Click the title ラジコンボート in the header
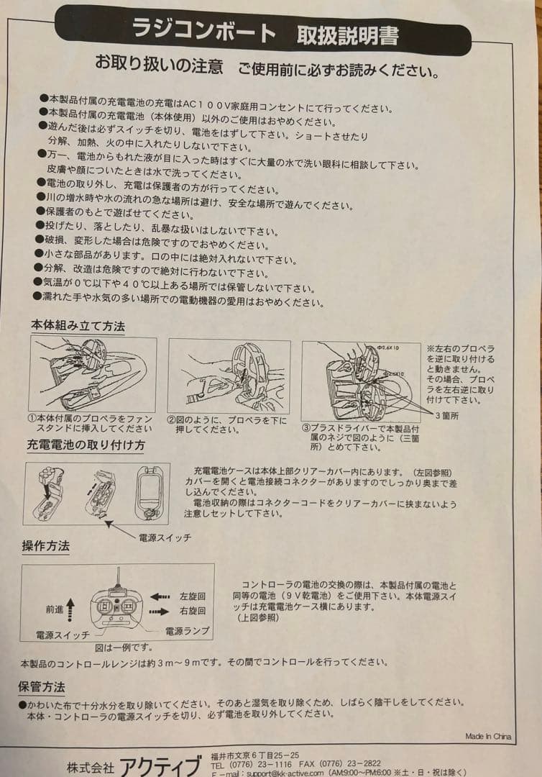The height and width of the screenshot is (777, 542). point(203,32)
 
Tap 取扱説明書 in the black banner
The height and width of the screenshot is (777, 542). point(348,35)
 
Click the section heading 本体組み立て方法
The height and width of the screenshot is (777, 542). point(77,326)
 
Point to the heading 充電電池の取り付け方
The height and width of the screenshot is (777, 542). point(86,445)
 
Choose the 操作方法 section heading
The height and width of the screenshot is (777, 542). point(45,546)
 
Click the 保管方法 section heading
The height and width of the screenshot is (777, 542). point(42,686)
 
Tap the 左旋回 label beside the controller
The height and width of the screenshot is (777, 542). point(193,596)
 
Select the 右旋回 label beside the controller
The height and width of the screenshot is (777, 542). point(193,611)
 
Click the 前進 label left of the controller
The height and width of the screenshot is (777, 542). point(55,609)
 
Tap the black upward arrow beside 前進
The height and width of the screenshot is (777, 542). point(70,606)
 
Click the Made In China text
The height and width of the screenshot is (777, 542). point(488,736)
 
